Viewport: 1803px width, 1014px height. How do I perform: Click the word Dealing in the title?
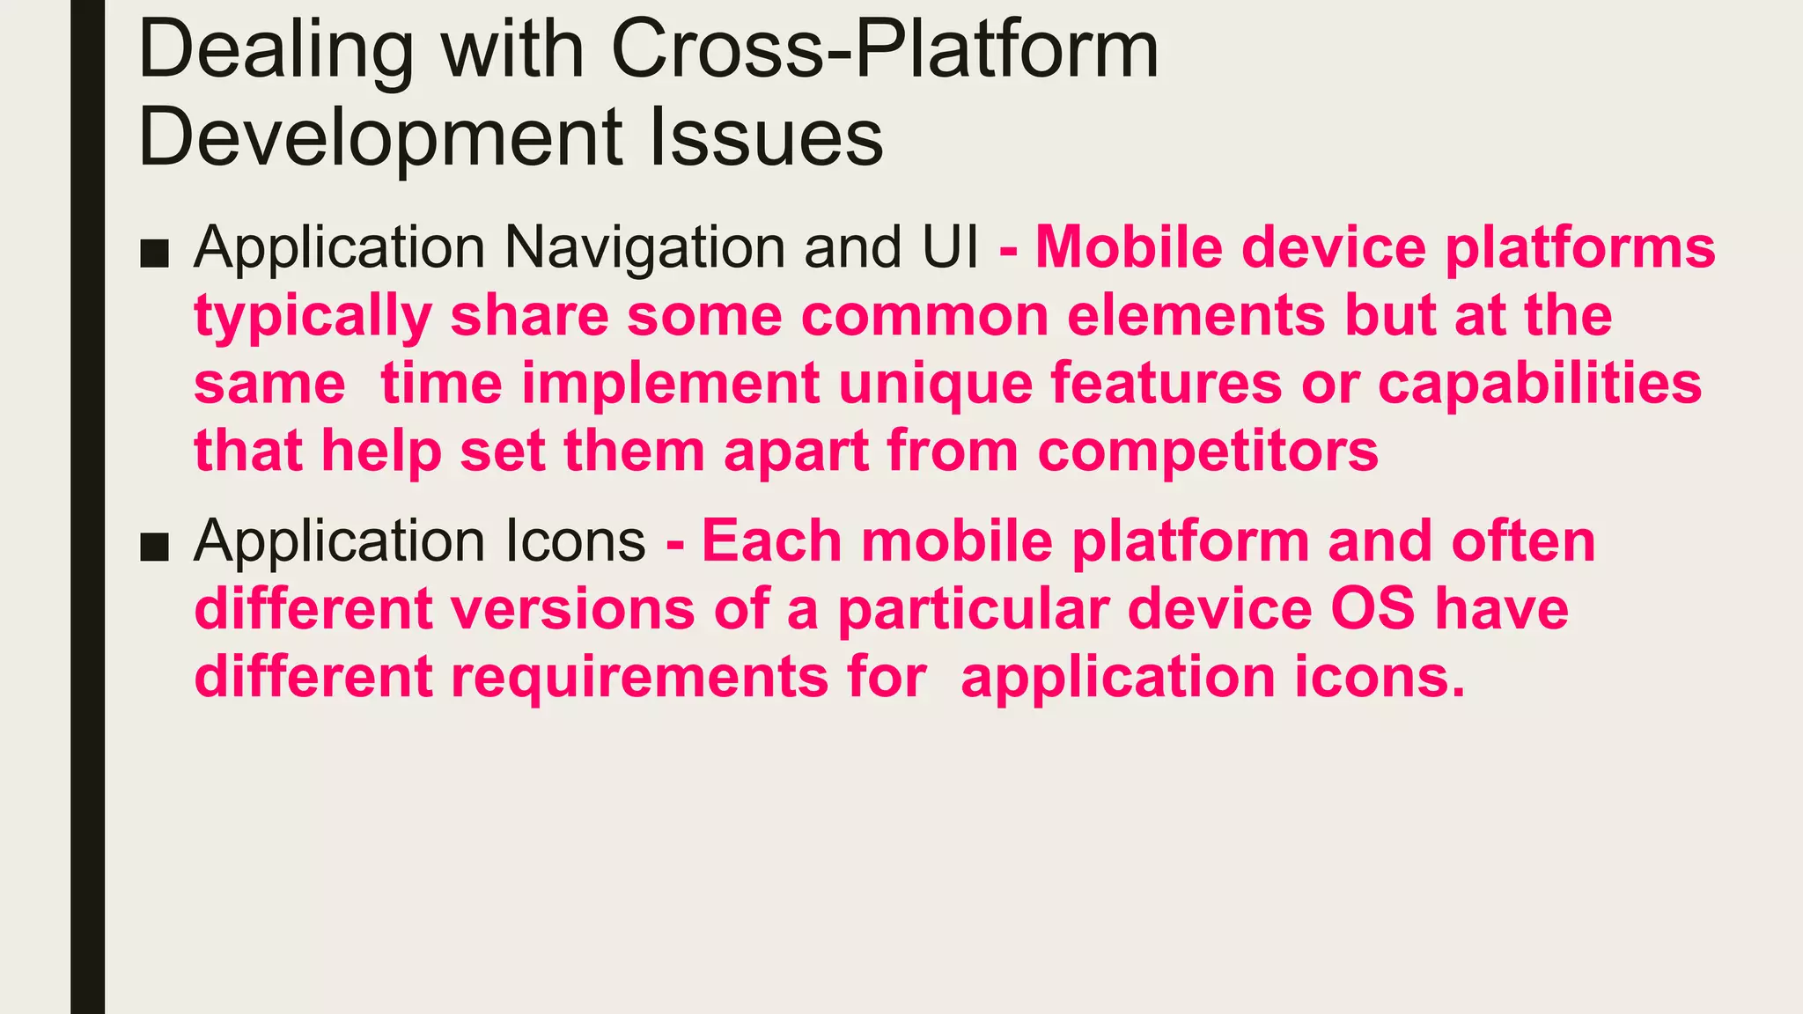tap(276, 51)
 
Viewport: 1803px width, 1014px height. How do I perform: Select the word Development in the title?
tap(380, 137)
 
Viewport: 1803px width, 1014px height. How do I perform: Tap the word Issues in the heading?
tap(765, 137)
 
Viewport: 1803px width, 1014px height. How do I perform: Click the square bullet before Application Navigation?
tap(154, 253)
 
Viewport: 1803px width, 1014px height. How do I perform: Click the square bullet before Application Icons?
tap(154, 546)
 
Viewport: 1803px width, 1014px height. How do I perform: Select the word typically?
tap(313, 316)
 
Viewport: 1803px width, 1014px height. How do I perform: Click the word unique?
tap(934, 385)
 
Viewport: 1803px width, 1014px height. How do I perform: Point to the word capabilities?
tap(1540, 384)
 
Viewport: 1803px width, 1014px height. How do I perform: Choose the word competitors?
tap(1208, 451)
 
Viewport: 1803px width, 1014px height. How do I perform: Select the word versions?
tap(573, 609)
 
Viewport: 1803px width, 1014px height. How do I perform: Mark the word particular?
tap(973, 609)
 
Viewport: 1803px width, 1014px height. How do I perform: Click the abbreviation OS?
tap(1372, 609)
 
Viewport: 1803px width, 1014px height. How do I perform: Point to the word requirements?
tap(640, 678)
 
